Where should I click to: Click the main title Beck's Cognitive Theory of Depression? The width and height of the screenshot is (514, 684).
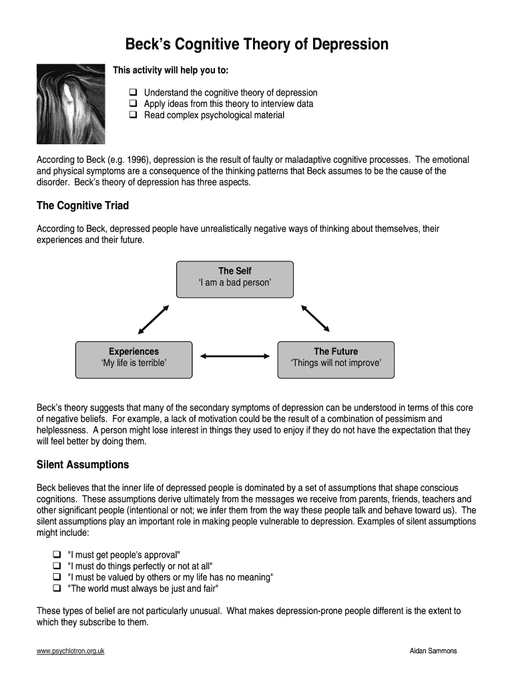[x=257, y=45]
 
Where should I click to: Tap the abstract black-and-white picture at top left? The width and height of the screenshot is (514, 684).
[x=61, y=104]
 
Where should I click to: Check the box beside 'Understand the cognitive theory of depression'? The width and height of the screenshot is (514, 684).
[x=132, y=93]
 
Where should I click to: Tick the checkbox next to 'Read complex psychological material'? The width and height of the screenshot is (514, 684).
[x=132, y=115]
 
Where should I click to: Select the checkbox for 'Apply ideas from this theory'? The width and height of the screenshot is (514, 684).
[x=132, y=104]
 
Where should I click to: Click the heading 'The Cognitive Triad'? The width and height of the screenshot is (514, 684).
[x=83, y=205]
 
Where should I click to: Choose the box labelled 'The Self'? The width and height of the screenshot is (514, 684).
[x=234, y=279]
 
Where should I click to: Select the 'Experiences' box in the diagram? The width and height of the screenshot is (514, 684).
[x=134, y=359]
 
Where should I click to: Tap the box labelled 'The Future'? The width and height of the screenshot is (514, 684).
[x=335, y=359]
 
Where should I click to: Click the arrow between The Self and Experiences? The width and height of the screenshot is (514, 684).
[x=154, y=319]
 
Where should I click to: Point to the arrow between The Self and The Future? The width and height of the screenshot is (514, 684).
[x=315, y=319]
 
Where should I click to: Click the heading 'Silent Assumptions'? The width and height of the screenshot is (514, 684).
[x=83, y=464]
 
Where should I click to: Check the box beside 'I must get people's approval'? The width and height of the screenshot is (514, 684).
[x=57, y=555]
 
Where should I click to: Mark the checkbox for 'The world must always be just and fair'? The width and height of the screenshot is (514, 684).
[x=57, y=588]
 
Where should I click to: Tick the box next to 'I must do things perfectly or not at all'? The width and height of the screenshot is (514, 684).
[x=57, y=566]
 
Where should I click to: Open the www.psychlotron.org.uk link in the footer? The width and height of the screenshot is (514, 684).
[x=70, y=651]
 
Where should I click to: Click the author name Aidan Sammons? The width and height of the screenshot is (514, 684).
[x=433, y=651]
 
